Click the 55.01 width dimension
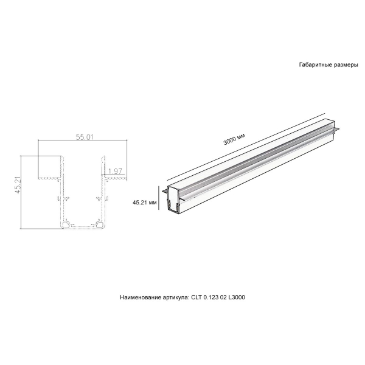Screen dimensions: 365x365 (84, 137)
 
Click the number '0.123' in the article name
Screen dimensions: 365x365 (211, 297)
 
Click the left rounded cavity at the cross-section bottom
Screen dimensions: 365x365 (66, 225)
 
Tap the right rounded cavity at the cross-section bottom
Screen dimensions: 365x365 (99, 225)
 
